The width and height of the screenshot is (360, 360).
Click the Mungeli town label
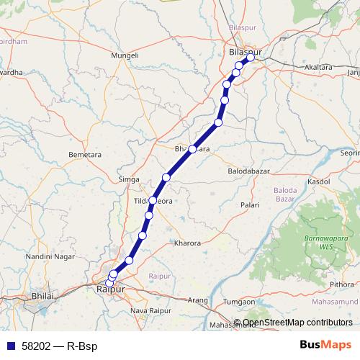125,55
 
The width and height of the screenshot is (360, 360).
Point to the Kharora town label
187,243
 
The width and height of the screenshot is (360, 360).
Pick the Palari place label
250,205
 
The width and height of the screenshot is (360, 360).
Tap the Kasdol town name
318,183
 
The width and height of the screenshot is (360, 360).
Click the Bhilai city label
44,296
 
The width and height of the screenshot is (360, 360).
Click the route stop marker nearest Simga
166,177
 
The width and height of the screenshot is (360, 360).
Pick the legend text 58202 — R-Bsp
55,346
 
